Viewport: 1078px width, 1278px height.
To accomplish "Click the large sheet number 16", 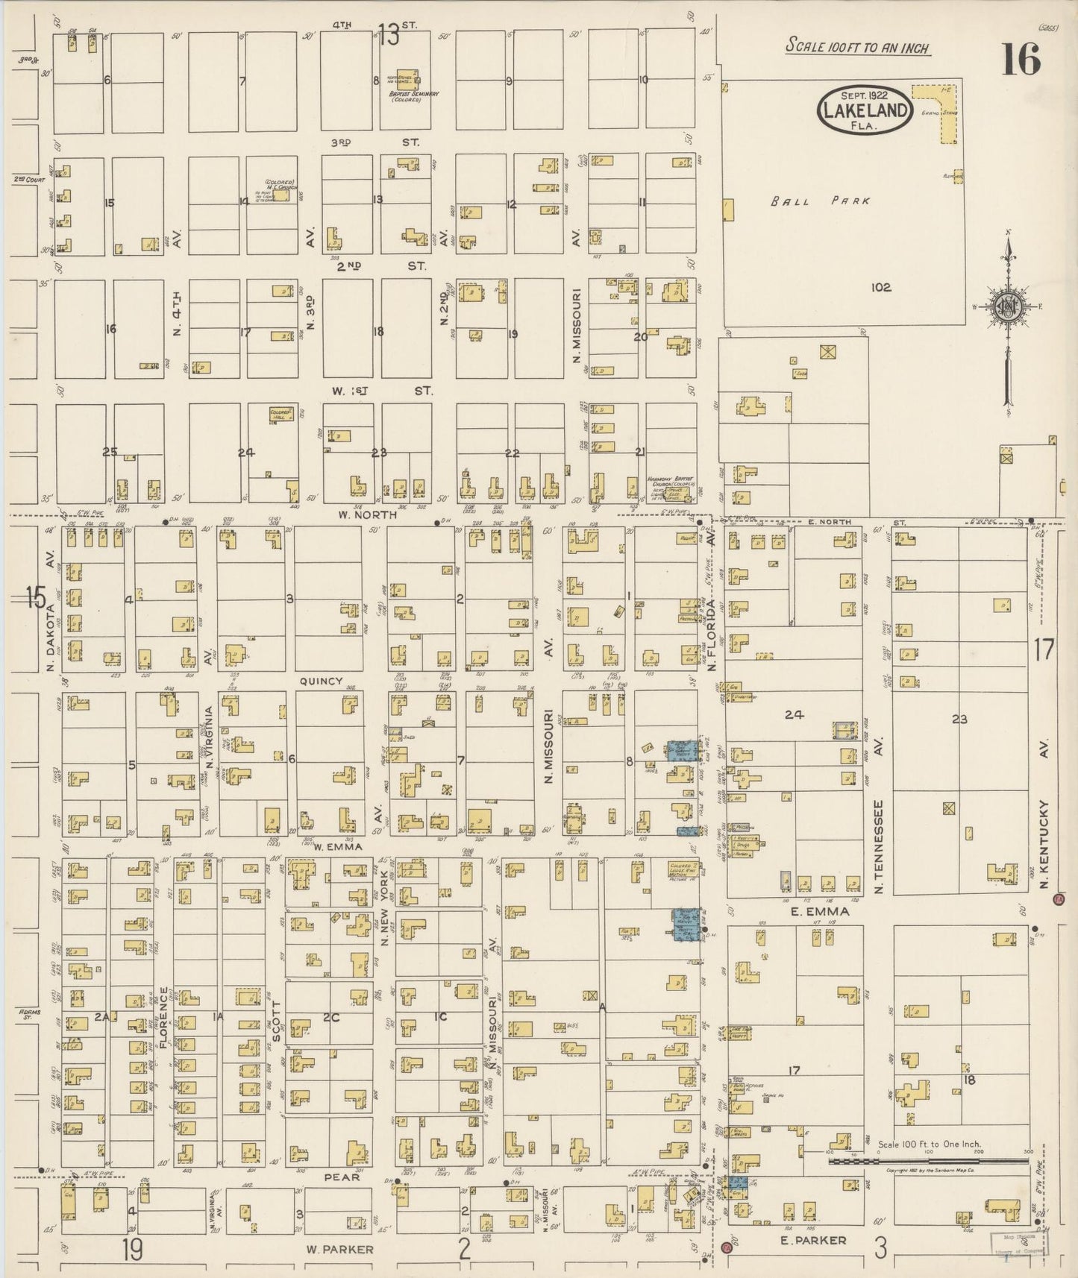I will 1021,59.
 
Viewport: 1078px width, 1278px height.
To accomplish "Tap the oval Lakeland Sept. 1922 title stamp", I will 865,110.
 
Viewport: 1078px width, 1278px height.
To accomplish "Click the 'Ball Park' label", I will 821,201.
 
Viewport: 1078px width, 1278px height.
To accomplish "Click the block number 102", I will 881,287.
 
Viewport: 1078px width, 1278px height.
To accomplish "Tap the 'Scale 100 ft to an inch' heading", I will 858,47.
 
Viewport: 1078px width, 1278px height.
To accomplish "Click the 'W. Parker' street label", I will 339,1249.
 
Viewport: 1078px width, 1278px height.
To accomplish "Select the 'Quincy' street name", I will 321,681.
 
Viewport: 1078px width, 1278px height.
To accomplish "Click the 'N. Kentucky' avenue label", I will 1044,846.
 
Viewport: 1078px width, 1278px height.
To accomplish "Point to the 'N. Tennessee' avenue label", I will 879,846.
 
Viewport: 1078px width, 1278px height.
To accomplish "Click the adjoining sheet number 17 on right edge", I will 1044,650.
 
